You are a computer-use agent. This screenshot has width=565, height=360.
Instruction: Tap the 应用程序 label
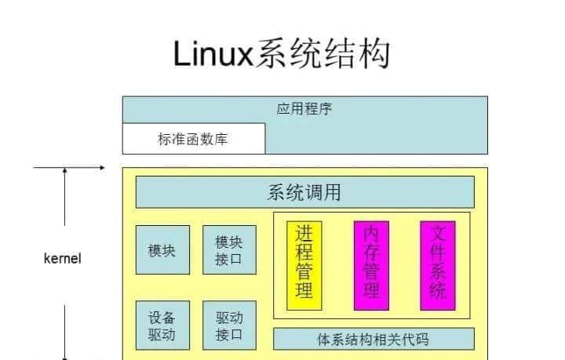pyautogui.click(x=304, y=109)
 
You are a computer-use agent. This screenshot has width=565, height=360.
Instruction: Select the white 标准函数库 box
pyautogui.click(x=193, y=139)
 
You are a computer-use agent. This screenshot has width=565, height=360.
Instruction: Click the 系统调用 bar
pyautogui.click(x=304, y=192)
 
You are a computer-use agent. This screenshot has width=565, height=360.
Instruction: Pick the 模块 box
pyautogui.click(x=162, y=250)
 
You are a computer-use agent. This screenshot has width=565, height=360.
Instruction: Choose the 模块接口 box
pyautogui.click(x=229, y=250)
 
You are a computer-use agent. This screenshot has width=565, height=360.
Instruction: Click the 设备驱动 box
pyautogui.click(x=162, y=326)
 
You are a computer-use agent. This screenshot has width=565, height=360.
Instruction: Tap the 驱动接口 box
pyautogui.click(x=229, y=326)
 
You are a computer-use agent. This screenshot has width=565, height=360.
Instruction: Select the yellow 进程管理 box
pyautogui.click(x=304, y=265)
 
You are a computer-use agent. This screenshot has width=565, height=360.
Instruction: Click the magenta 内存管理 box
pyautogui.click(x=371, y=265)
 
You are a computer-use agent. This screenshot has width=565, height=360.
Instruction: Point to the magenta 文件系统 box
pyautogui.click(x=438, y=265)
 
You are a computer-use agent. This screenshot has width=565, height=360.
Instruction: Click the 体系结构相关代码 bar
pyautogui.click(x=374, y=340)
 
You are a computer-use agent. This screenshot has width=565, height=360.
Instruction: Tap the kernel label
pyautogui.click(x=63, y=258)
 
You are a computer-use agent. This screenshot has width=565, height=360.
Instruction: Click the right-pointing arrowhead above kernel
pyautogui.click(x=101, y=167)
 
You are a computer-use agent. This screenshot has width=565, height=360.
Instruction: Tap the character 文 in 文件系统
pyautogui.click(x=438, y=233)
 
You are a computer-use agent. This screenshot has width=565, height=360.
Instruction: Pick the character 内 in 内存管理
pyautogui.click(x=371, y=233)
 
